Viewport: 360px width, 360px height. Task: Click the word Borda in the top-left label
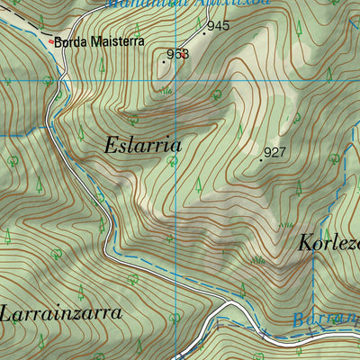coord(68,41)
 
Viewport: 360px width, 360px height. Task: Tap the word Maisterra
coord(112,41)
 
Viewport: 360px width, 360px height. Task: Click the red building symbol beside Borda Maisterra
coord(49,40)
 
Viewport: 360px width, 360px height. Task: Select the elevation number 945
coord(218,26)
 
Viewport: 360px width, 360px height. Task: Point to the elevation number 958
coord(178,55)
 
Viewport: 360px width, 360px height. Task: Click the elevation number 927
coord(275,152)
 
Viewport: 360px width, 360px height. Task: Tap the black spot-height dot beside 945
coord(203,33)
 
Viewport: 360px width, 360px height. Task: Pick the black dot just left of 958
coord(165,61)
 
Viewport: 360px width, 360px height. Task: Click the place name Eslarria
coord(143,145)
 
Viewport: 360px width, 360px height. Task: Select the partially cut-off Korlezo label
coord(328,244)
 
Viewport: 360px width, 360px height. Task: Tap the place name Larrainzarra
coord(62,314)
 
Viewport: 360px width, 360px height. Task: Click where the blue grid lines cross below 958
coord(175,81)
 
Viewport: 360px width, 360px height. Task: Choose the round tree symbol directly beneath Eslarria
coord(171,162)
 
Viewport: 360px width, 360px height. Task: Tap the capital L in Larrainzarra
coord(7,314)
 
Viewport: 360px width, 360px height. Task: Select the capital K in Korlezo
coord(304,243)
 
